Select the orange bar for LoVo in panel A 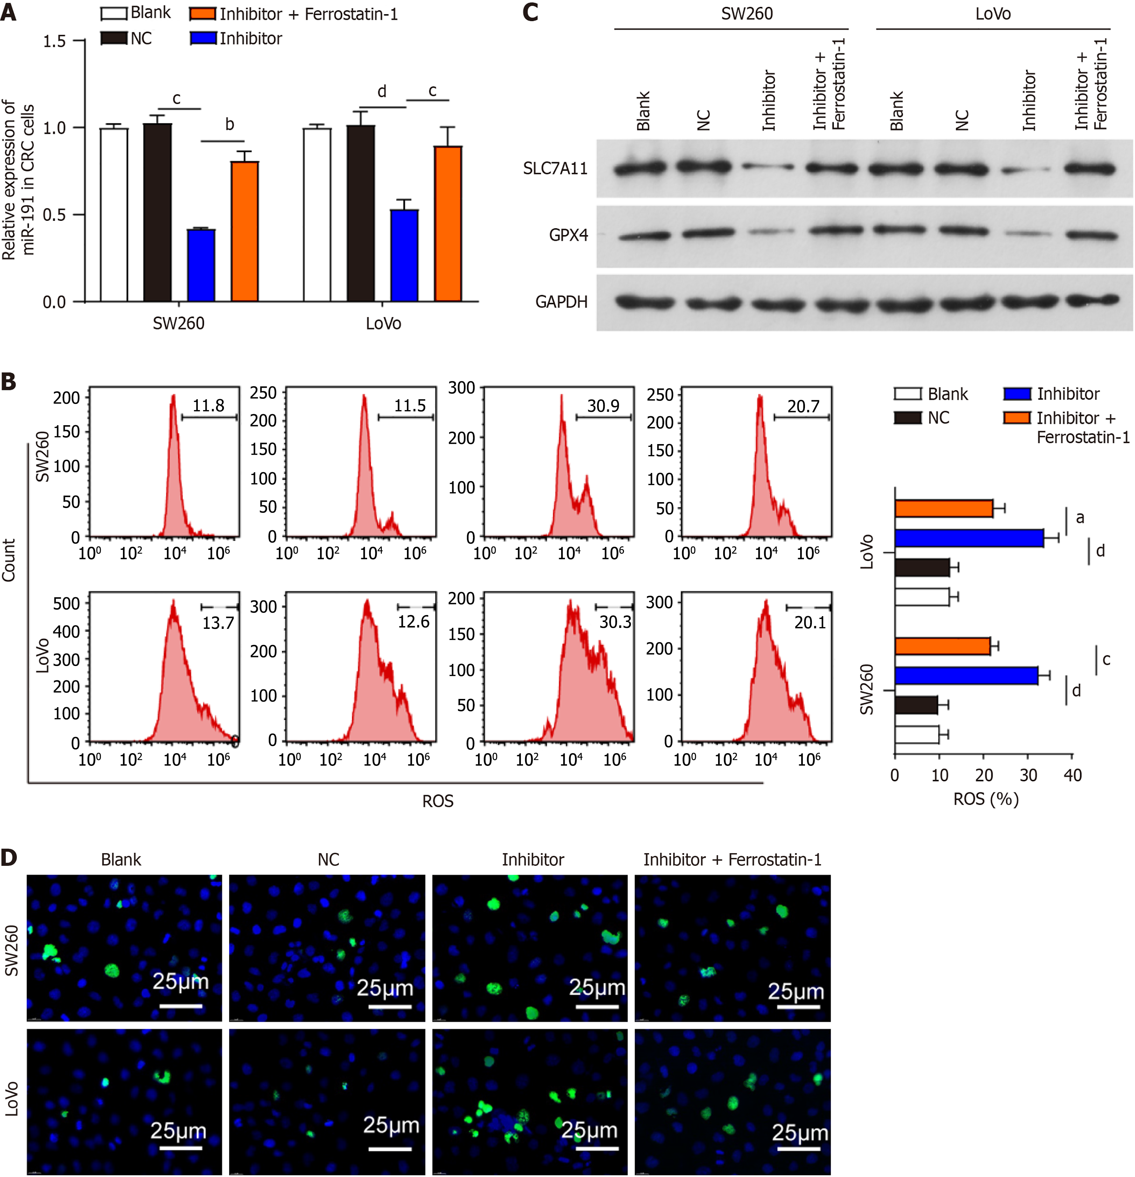click(448, 223)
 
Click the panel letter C click(530, 12)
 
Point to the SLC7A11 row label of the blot click(555, 169)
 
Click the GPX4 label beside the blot click(568, 235)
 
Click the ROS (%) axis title click(986, 799)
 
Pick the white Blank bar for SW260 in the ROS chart click(916, 735)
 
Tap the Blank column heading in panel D click(121, 860)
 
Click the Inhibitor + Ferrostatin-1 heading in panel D click(732, 860)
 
